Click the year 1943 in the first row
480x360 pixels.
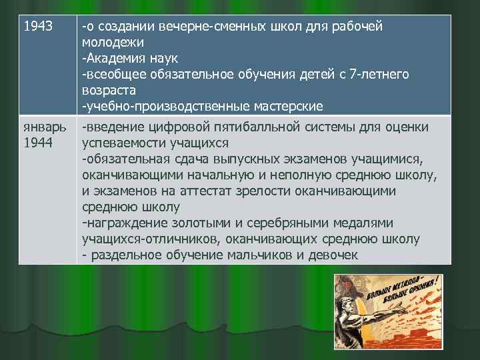coord(37,27)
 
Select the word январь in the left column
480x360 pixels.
coord(43,127)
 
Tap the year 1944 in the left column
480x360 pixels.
coord(37,143)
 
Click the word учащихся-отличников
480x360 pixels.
coord(151,239)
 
